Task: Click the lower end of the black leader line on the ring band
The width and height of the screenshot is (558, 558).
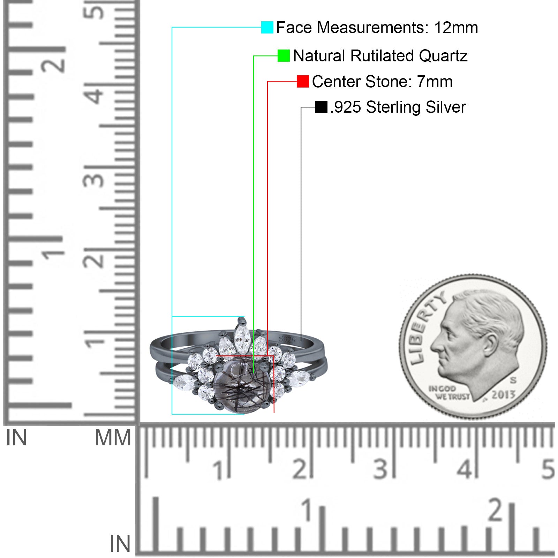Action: coord(301,341)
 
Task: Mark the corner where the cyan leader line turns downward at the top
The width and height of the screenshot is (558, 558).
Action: coord(172,27)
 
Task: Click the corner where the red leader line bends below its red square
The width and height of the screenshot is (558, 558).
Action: coord(267,81)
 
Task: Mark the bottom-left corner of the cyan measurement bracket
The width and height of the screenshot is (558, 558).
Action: coord(172,414)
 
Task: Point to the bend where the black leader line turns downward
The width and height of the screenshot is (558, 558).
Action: coord(301,107)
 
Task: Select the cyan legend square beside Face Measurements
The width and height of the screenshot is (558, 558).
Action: coord(267,27)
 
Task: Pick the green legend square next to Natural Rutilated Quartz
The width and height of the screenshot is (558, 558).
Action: coord(284,55)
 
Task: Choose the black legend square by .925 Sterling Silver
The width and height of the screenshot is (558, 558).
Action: coord(321,107)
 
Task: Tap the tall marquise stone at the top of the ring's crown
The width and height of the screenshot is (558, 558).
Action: coord(241,338)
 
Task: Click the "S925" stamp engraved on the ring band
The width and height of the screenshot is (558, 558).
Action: coord(287,339)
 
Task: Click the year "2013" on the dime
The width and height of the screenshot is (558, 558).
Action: coord(503,394)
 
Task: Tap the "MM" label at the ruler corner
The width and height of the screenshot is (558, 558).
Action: coord(113,438)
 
